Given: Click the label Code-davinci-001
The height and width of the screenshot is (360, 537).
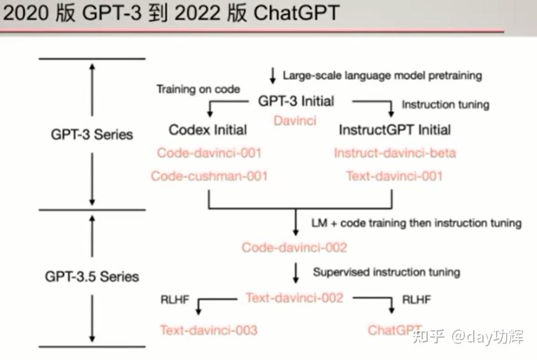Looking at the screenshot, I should pos(209,153).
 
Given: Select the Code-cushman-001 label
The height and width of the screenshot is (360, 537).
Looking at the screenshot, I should pos(209,176).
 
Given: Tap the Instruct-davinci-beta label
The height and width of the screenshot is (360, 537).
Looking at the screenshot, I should pos(395,153).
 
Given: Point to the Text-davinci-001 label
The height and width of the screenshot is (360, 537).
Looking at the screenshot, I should pos(395,176).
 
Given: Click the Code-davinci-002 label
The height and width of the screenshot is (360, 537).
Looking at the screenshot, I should pos(294,248).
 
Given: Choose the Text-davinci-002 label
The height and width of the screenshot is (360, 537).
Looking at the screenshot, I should pos(294,298).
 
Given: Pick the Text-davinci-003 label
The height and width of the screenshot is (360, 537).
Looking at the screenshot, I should pos(209,330).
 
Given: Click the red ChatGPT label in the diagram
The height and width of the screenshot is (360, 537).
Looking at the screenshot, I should pos(395,330).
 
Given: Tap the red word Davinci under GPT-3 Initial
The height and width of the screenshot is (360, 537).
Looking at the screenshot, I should pos(295,120).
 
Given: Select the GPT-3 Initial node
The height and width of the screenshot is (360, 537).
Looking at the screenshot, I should pos(296,101).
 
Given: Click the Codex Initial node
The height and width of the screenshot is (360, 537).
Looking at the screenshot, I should pos(207,130).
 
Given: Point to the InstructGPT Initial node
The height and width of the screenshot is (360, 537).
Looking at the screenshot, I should pos(395,130).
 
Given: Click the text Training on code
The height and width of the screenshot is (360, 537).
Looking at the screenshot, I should pos(198,89).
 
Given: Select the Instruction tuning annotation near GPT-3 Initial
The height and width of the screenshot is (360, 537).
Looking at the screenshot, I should pos(445,104).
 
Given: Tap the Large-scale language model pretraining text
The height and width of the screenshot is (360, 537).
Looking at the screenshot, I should pos(382,76).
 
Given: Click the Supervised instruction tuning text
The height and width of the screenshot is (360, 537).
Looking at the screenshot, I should pos(386,272).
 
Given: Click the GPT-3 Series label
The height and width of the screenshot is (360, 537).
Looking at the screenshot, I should pos(93,135).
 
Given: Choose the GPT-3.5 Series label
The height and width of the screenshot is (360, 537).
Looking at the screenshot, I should pos(92,276).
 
